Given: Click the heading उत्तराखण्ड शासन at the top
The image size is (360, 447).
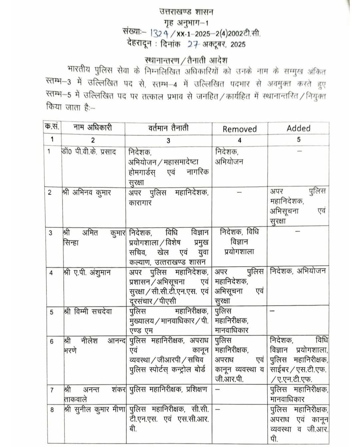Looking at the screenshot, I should point(186,12).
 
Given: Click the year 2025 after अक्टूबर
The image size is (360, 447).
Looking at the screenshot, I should point(238,44).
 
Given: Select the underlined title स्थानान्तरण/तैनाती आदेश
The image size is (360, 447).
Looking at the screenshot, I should point(186,60).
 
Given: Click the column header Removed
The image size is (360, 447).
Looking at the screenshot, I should point(240,129).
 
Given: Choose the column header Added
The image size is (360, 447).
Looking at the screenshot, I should point(298,128).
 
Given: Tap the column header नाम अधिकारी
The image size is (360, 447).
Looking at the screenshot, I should point(93,127).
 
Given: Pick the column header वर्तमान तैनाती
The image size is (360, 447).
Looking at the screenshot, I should point(168,128).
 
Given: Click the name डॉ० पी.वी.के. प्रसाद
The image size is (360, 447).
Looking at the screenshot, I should point(89,152).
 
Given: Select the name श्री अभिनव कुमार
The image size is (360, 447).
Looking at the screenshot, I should point(87,192).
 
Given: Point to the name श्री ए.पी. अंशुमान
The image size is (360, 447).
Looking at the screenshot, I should point(87,272).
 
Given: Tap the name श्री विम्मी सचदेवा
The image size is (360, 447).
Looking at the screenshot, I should point(88,312).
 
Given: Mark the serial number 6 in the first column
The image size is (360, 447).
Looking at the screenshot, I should point(52,342).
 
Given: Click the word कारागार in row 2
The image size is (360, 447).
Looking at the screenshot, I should point(140,202).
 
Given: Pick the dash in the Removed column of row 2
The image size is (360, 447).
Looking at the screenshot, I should point(239,192).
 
